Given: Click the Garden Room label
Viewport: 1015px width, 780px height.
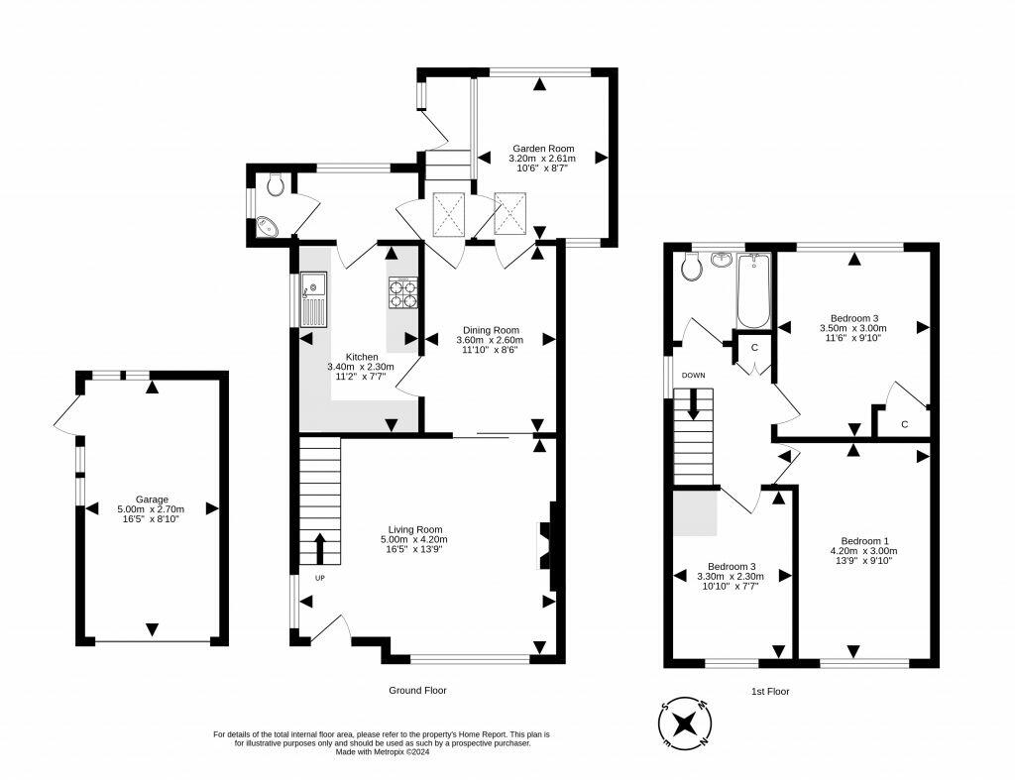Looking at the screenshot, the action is point(543,149).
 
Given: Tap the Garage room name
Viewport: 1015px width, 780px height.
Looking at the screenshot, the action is point(152,500).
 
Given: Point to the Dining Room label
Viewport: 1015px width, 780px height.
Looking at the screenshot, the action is point(491,330).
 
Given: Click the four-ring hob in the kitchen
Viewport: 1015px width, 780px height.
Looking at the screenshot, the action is point(402,292).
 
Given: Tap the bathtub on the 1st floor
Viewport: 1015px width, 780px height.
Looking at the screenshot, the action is point(753,290).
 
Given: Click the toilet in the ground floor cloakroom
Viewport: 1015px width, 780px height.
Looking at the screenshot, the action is point(276,184).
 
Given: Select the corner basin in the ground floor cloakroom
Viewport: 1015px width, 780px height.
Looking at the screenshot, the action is point(267,226).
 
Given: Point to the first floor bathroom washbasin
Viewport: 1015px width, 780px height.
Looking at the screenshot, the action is point(721,260).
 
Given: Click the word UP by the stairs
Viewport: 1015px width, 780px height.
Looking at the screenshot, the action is point(320,578).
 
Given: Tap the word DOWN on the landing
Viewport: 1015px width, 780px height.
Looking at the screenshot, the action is point(693,376).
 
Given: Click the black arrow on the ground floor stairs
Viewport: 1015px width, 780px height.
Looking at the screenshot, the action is point(320,549).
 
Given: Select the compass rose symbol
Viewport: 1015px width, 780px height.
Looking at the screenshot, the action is point(686,722).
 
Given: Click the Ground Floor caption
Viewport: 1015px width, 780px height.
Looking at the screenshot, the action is point(417,690).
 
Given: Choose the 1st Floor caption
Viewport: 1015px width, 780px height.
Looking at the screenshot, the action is point(770,692).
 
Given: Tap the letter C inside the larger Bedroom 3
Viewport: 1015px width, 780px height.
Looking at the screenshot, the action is point(904,424).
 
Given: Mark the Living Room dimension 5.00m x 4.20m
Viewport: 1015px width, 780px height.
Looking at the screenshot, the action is point(414,539).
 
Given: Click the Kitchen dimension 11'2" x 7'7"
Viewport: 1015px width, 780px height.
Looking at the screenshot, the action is point(361,376).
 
